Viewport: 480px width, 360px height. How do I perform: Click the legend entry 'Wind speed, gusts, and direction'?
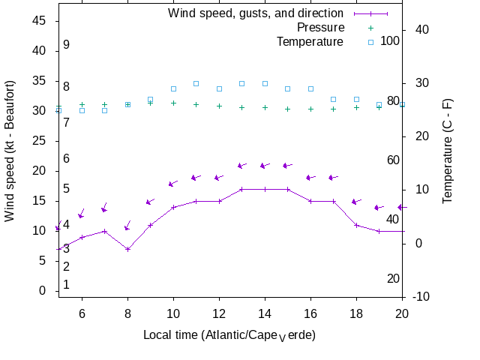pyautogui.click(x=255, y=13)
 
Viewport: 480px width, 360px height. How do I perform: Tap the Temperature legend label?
pyautogui.click(x=310, y=41)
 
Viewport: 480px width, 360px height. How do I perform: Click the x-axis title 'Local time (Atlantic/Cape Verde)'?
pyautogui.click(x=229, y=334)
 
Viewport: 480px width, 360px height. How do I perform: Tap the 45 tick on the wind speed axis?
pyautogui.click(x=39, y=21)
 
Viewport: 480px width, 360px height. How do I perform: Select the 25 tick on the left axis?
pyautogui.click(x=39, y=141)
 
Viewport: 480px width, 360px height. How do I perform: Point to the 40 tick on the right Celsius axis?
pyautogui.click(x=421, y=29)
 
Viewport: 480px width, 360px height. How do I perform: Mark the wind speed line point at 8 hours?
pyautogui.click(x=127, y=249)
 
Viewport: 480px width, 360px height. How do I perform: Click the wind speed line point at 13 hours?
pyautogui.click(x=242, y=189)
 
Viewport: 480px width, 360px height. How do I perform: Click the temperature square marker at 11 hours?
pyautogui.click(x=196, y=83)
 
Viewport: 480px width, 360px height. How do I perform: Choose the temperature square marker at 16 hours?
pyautogui.click(x=310, y=88)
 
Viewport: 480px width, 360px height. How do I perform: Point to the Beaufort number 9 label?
pyautogui.click(x=66, y=45)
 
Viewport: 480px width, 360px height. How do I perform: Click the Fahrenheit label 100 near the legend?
pyautogui.click(x=390, y=40)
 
